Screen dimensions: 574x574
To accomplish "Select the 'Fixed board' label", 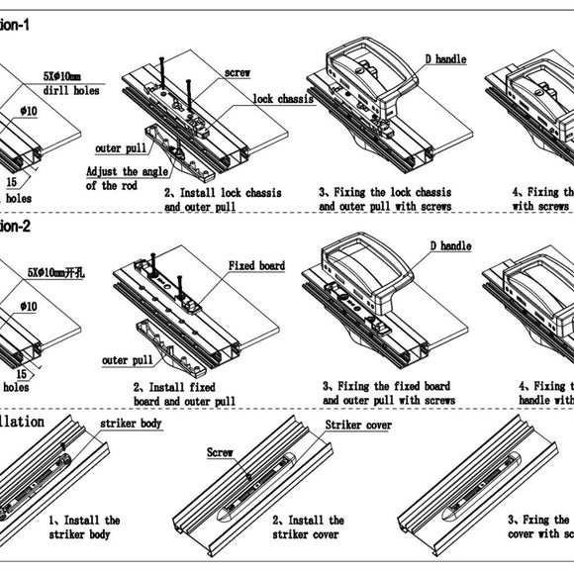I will click(x=257, y=266).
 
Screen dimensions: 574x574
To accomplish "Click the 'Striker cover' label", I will click(x=358, y=425).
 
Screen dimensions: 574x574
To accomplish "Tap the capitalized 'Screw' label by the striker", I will click(x=220, y=451).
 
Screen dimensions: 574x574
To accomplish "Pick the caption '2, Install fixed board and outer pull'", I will click(x=184, y=393).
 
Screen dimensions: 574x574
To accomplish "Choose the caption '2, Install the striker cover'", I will click(x=308, y=526).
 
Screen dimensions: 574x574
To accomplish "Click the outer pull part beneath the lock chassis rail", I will click(x=177, y=149).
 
